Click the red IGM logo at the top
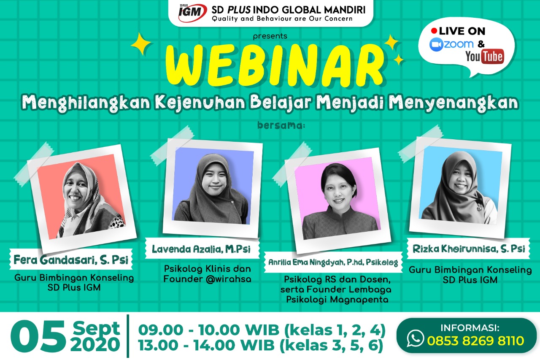point(192,13)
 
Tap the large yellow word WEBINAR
point(274,65)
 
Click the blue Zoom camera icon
point(436,45)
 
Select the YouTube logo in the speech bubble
point(485,57)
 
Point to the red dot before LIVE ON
point(434,31)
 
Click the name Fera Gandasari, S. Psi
point(71,260)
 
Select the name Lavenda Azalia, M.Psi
point(201,249)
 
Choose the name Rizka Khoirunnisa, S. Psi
point(469,249)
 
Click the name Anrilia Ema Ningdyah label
point(333,263)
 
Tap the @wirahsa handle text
point(228,279)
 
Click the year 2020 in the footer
point(95,345)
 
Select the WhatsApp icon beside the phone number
point(415,338)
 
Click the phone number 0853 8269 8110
point(475,341)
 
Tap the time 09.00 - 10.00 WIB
point(209,330)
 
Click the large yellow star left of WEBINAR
point(141,44)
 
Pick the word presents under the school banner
point(270,36)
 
